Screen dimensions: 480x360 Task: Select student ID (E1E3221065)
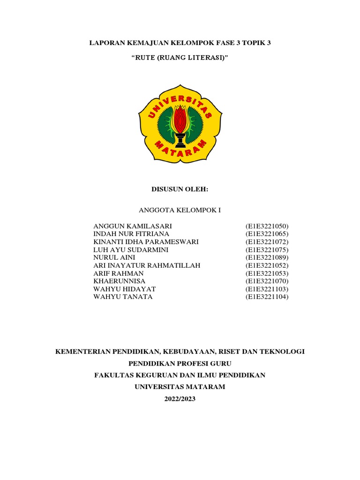[267, 234]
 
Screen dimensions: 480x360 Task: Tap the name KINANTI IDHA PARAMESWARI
[146, 242]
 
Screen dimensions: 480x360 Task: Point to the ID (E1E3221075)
[267, 250]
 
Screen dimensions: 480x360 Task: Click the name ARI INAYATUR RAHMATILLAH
[147, 266]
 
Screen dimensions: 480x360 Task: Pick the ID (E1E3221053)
[267, 273]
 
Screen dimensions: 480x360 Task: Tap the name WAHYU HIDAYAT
[125, 289]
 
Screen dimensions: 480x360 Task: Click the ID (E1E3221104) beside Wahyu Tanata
[267, 297]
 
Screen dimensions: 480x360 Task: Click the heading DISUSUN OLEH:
[180, 189]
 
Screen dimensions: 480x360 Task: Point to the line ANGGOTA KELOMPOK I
[180, 210]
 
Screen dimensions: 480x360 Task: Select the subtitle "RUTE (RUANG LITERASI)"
[180, 58]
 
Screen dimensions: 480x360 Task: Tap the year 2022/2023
[180, 399]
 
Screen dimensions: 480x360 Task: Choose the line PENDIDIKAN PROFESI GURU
[180, 363]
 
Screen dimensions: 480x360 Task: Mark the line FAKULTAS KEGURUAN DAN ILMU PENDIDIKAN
[180, 375]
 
